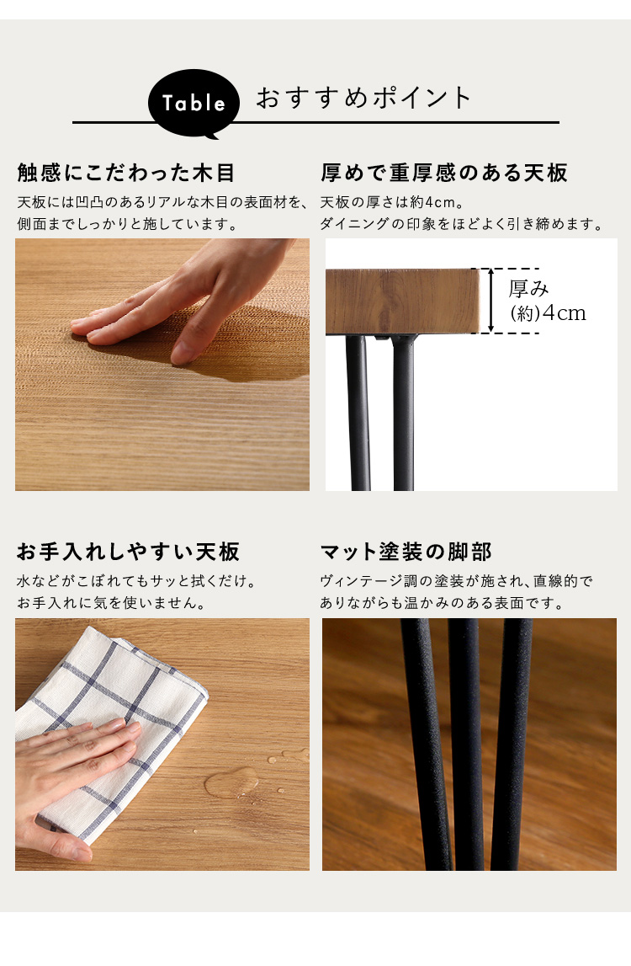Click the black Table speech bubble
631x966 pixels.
pyautogui.click(x=194, y=103)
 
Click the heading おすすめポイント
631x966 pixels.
pyautogui.click(x=363, y=98)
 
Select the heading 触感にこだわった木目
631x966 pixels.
pyautogui.click(x=126, y=173)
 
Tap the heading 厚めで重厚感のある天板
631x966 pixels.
pyautogui.click(x=444, y=173)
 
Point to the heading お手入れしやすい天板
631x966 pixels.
pyautogui.click(x=128, y=552)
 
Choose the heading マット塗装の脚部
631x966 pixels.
pyautogui.click(x=406, y=552)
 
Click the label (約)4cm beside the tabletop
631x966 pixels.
pyautogui.click(x=548, y=313)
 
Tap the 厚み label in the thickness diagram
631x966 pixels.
pyautogui.click(x=528, y=288)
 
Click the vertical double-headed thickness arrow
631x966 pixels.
pyautogui.click(x=490, y=301)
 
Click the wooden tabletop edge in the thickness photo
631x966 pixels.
pyautogui.click(x=403, y=302)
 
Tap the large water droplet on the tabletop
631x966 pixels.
pyautogui.click(x=231, y=783)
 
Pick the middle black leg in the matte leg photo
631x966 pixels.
pyautogui.click(x=467, y=745)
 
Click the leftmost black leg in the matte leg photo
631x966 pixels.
pyautogui.click(x=428, y=745)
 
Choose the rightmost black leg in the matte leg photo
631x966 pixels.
pyautogui.click(x=511, y=745)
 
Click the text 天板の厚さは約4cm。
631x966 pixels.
pyautogui.click(x=392, y=202)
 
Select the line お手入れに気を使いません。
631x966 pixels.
pyautogui.click(x=111, y=602)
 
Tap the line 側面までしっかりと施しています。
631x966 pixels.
pyautogui.click(x=127, y=224)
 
